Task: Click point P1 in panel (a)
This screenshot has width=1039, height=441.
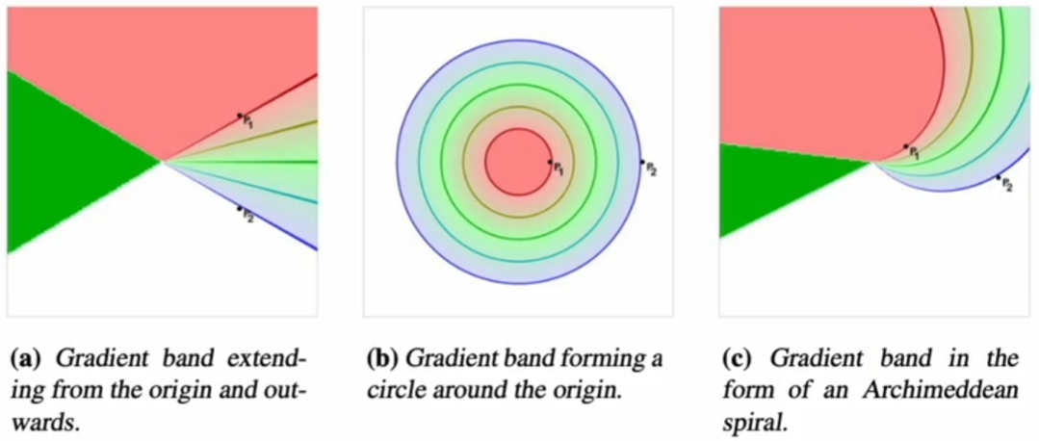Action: tap(240, 116)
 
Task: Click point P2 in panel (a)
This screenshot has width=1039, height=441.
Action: tap(239, 208)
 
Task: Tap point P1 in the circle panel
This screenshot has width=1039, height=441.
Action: tap(550, 163)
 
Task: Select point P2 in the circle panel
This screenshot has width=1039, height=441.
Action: tap(642, 162)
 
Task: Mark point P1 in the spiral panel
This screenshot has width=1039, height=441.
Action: tap(906, 147)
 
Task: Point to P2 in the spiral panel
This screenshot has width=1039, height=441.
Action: tap(998, 177)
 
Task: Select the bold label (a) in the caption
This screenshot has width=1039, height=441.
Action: tap(23, 361)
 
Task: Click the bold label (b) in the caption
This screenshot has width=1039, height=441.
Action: tap(383, 361)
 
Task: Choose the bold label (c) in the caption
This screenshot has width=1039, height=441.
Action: tap(739, 361)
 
